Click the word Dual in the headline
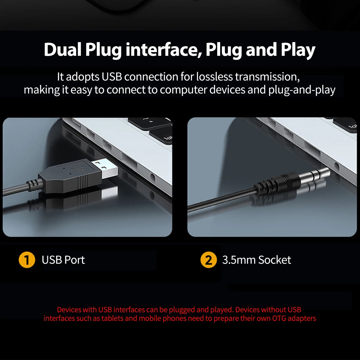(x=63, y=49)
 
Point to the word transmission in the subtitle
(x=267, y=77)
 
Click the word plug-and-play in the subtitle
(x=302, y=90)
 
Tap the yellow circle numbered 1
(x=27, y=260)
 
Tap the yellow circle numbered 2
(x=208, y=260)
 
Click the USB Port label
(x=63, y=260)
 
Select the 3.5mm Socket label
(x=256, y=260)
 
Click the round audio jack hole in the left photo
(x=152, y=178)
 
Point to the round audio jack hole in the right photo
(x=337, y=166)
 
